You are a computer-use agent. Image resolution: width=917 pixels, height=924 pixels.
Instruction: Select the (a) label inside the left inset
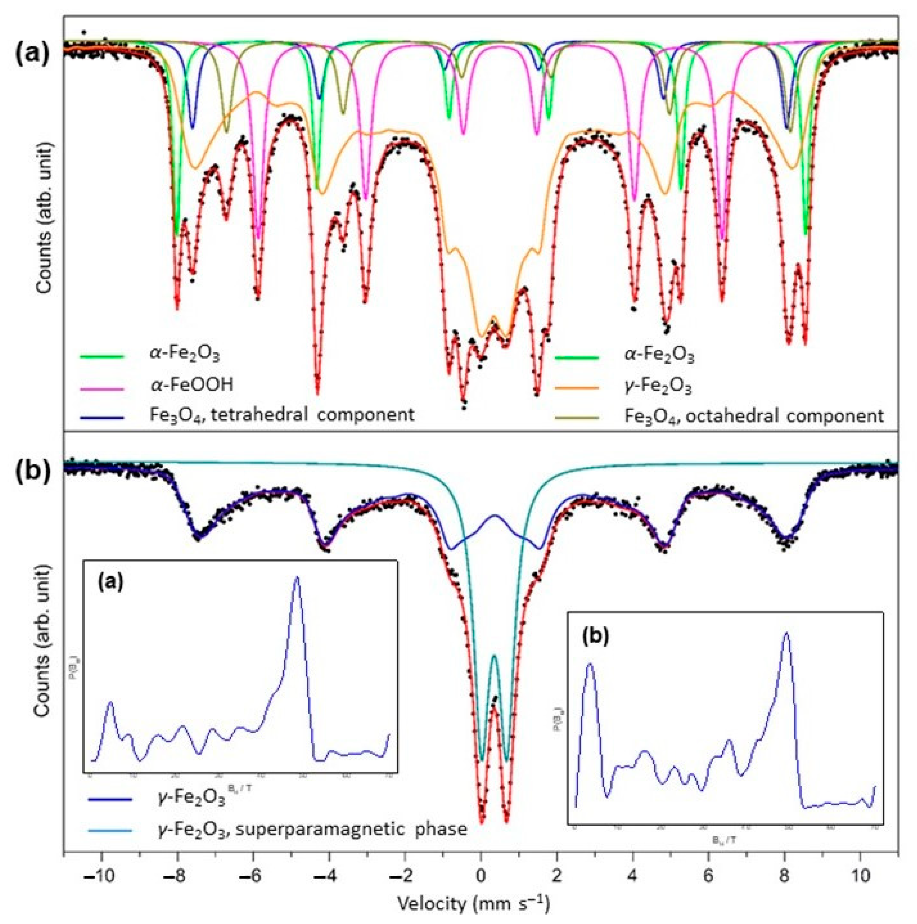click(x=110, y=582)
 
